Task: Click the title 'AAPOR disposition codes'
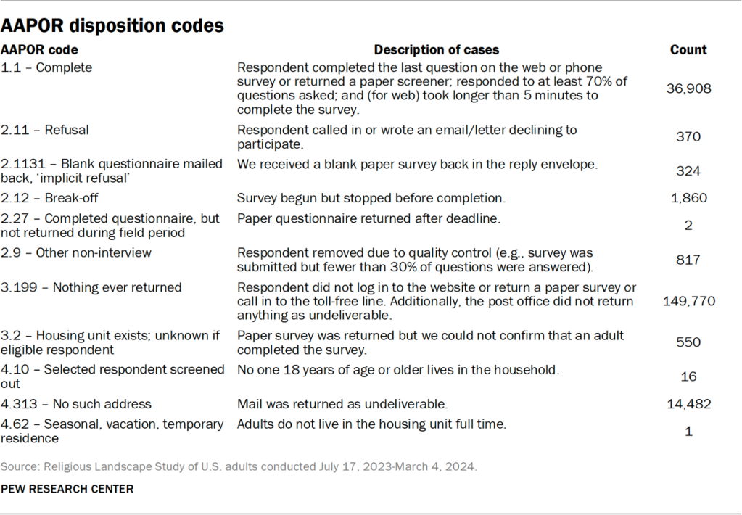112,26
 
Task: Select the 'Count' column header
688,50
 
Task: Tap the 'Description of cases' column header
436,50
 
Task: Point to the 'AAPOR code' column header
39,50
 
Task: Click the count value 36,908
688,88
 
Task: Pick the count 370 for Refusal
688,136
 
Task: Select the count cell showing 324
688,171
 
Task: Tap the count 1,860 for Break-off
688,198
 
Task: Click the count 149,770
688,300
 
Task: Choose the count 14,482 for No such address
688,404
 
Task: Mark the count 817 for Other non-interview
688,260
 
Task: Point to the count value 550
688,342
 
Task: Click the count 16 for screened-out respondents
688,376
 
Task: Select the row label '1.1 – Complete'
46,67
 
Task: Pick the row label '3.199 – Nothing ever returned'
91,287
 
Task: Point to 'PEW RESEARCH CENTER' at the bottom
67,489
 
